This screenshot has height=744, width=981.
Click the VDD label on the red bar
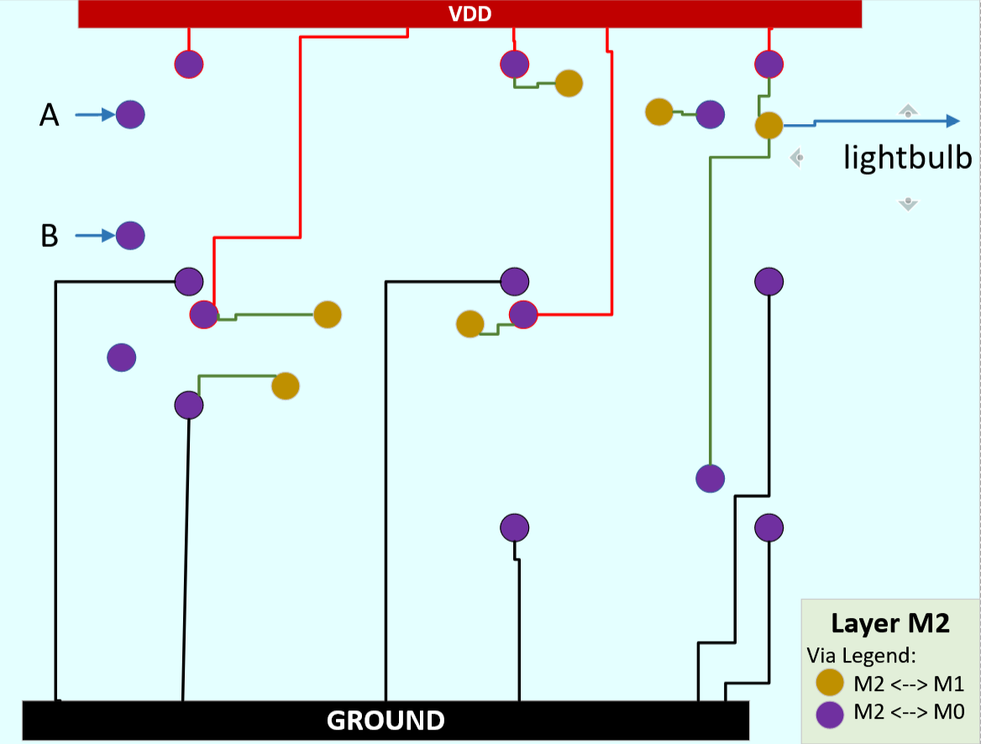pos(470,13)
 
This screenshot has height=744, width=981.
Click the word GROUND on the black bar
pos(386,720)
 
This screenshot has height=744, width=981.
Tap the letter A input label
pos(50,116)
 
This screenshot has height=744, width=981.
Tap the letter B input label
pos(50,237)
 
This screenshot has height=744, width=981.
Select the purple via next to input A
pos(130,114)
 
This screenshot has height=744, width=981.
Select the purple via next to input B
pos(130,236)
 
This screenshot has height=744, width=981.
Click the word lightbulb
pos(908,158)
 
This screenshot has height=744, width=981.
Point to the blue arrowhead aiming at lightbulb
pos(952,121)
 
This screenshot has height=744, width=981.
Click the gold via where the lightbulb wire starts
pos(769,126)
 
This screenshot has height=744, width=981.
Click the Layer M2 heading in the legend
pos(889,623)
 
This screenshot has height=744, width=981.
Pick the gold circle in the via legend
pos(830,682)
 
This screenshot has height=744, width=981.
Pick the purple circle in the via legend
pos(830,714)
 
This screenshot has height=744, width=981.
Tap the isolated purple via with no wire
pos(122,358)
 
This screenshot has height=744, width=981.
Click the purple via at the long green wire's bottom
pos(710,478)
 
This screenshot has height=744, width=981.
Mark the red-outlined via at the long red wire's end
pos(203,314)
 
